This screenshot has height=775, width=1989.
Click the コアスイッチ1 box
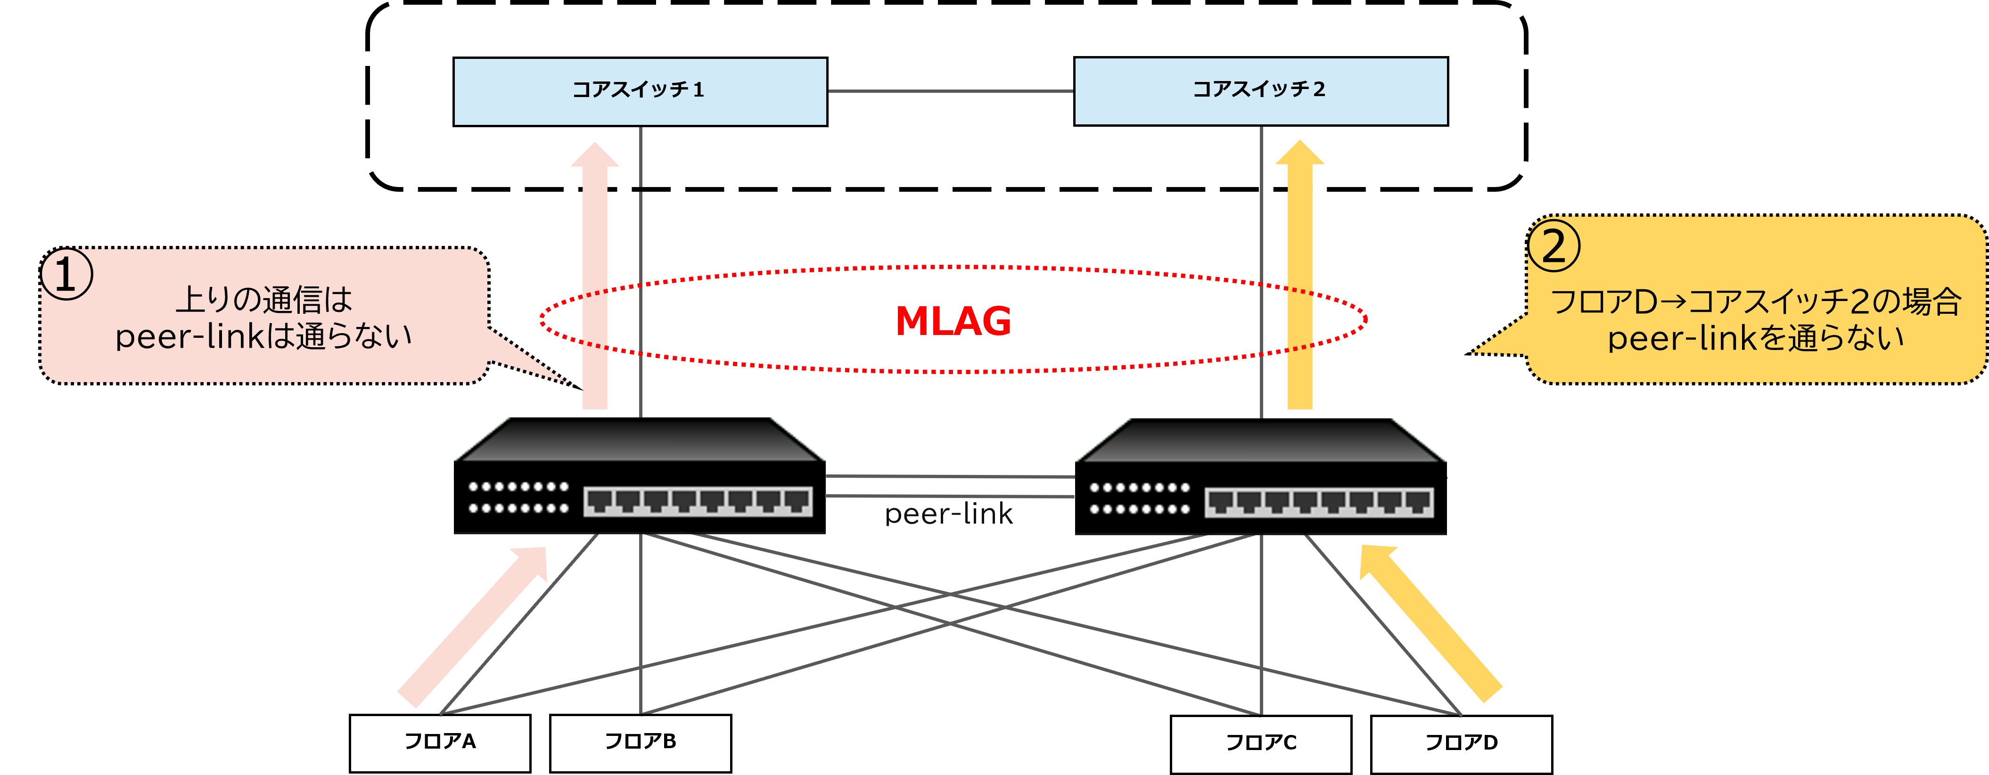(x=639, y=91)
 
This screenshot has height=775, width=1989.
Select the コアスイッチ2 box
(x=1260, y=91)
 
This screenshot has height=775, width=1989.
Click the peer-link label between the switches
(x=948, y=514)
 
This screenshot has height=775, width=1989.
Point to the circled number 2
(x=1553, y=247)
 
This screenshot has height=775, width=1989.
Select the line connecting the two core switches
(x=950, y=91)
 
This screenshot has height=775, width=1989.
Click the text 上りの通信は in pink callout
(x=264, y=300)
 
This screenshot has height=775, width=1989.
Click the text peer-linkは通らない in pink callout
(x=264, y=336)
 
